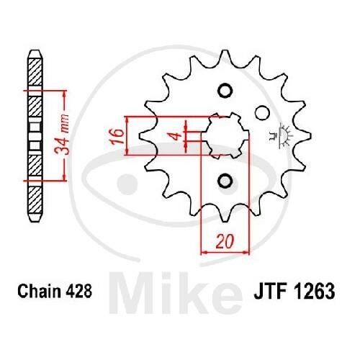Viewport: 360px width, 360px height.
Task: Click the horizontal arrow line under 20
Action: pos(225,252)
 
